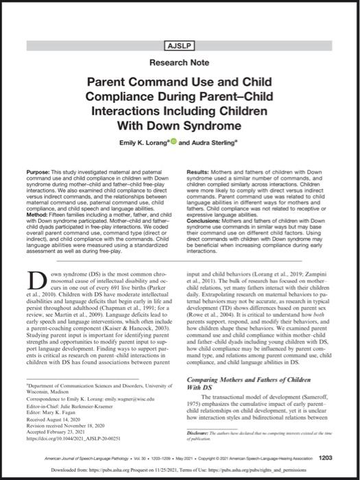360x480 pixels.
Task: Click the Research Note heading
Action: pyautogui.click(x=180, y=62)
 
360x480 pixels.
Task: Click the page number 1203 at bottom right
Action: pyautogui.click(x=326, y=458)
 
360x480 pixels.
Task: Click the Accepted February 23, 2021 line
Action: pyautogui.click(x=59, y=430)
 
